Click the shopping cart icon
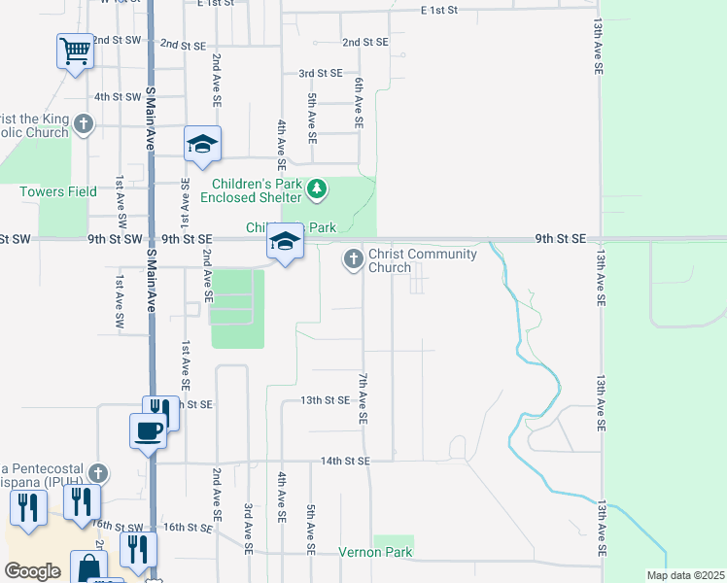tap(75, 49)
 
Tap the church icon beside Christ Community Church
tap(353, 259)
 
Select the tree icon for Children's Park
tap(316, 190)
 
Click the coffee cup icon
tap(149, 429)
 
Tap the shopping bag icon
tap(87, 566)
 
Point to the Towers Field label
tap(58, 191)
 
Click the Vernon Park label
tap(375, 553)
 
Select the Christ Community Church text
tap(423, 260)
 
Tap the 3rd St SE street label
tap(320, 73)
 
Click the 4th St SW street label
tap(118, 96)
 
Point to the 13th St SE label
tap(324, 399)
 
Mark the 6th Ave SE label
tap(359, 104)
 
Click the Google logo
tap(32, 571)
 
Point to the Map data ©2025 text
tap(684, 575)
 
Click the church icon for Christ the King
tap(84, 123)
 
